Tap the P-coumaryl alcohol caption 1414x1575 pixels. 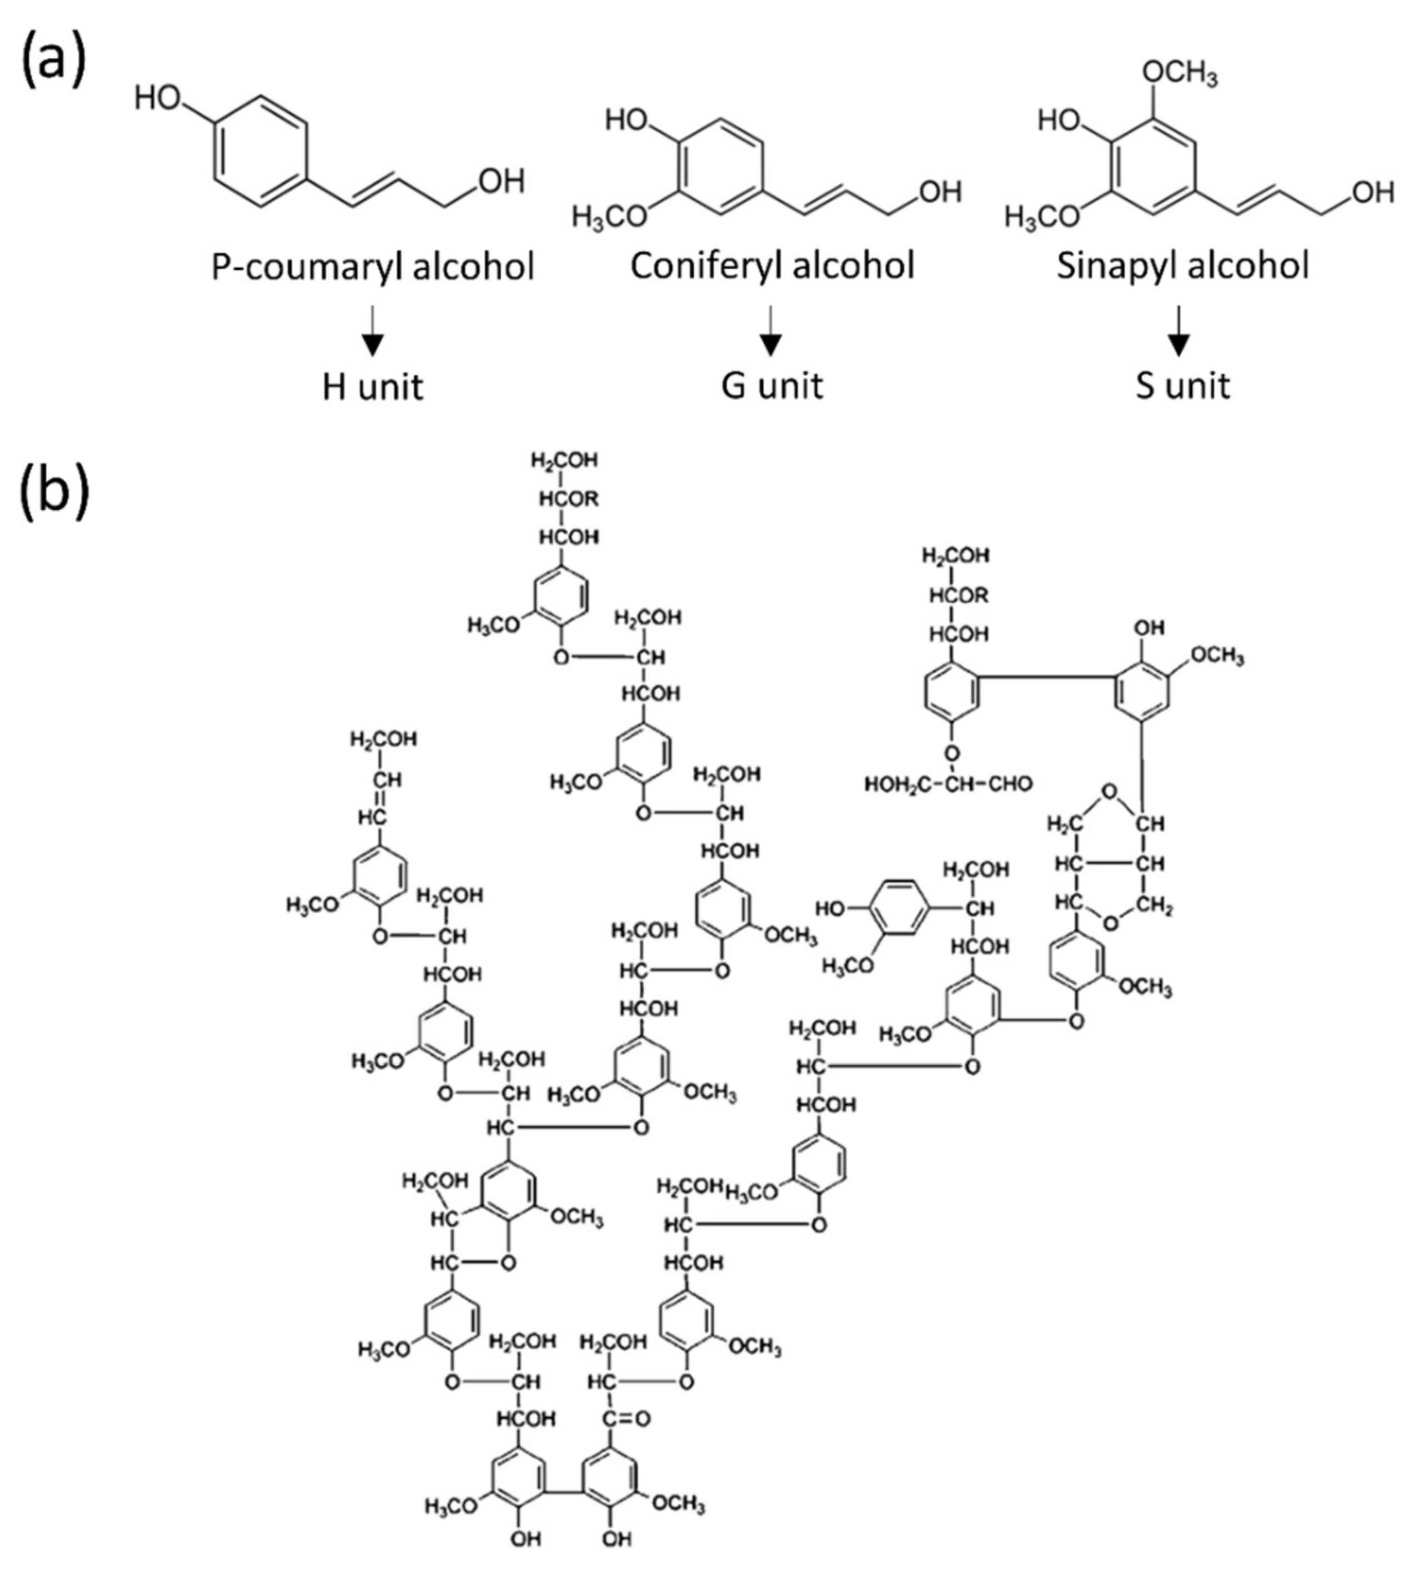pyautogui.click(x=373, y=267)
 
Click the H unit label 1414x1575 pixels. pyautogui.click(x=373, y=386)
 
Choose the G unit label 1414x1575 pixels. pyautogui.click(x=771, y=386)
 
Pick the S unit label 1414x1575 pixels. pyautogui.click(x=1182, y=386)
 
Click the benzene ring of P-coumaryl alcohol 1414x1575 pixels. pyautogui.click(x=260, y=152)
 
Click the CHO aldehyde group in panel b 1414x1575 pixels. pyautogui.click(x=1011, y=784)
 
